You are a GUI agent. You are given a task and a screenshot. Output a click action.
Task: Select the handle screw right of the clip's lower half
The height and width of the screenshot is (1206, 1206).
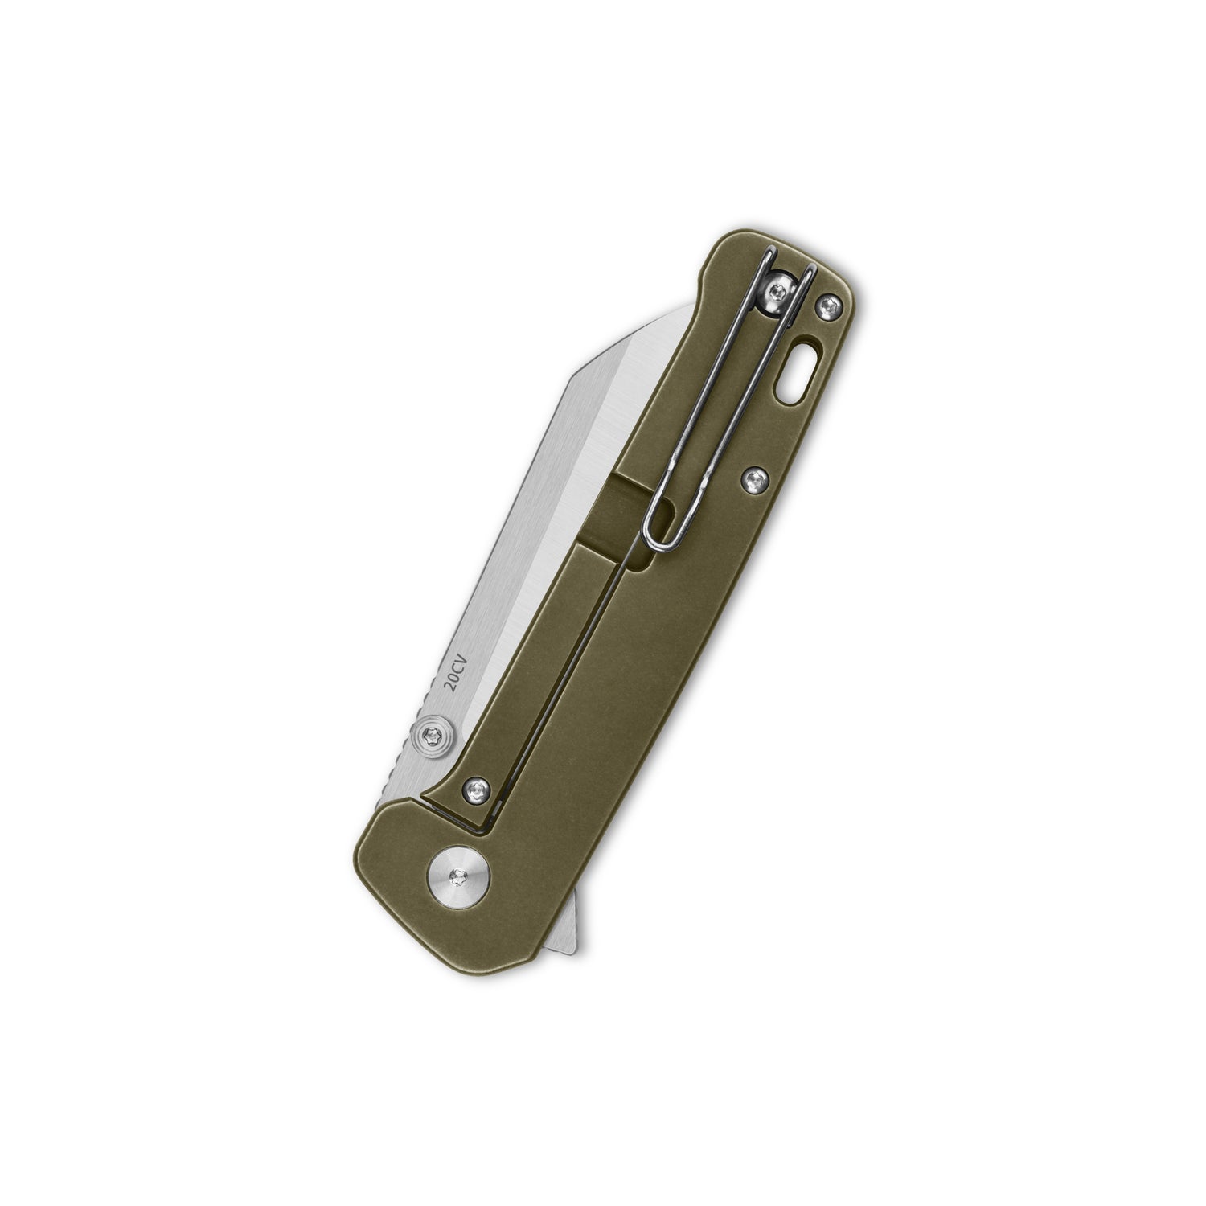point(753,479)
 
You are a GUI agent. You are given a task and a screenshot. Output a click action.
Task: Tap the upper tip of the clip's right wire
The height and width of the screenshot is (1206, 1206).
point(810,265)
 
